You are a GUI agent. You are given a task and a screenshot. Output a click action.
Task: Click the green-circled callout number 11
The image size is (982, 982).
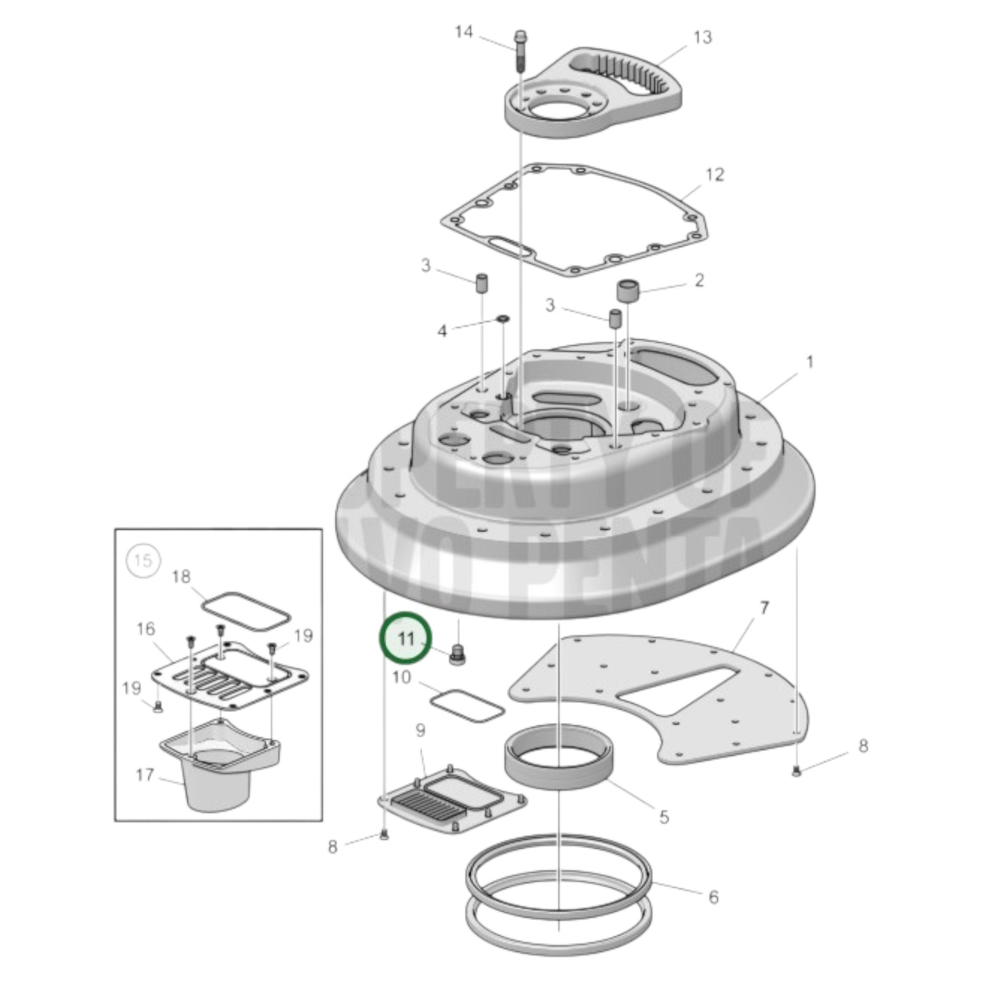[406, 639]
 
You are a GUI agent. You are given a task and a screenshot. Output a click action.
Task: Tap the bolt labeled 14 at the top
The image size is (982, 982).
[520, 50]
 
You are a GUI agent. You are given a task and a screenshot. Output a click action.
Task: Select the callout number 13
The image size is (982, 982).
[702, 37]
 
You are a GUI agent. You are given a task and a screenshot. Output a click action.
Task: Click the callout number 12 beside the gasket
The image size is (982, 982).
[714, 175]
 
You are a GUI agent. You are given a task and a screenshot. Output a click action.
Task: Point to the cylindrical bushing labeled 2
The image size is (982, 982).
[629, 291]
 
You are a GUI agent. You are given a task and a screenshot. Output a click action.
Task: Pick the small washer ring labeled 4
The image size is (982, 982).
[502, 319]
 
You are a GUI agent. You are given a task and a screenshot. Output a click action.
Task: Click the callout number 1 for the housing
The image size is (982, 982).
[809, 362]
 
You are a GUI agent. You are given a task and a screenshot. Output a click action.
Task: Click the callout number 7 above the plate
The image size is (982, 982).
[764, 608]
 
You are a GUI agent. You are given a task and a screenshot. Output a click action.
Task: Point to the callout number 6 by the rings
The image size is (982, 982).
[713, 897]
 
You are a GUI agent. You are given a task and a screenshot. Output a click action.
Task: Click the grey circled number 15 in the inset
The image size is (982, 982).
[143, 561]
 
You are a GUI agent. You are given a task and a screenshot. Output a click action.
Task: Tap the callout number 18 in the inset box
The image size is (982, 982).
[181, 577]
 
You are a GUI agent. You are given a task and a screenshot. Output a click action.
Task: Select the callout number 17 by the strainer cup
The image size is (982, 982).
[144, 775]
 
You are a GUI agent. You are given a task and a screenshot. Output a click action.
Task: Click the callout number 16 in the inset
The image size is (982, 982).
[145, 629]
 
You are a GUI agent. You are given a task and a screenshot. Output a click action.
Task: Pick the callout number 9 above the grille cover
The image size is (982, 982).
[420, 731]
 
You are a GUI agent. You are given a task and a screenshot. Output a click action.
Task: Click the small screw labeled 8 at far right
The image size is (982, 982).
[796, 771]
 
